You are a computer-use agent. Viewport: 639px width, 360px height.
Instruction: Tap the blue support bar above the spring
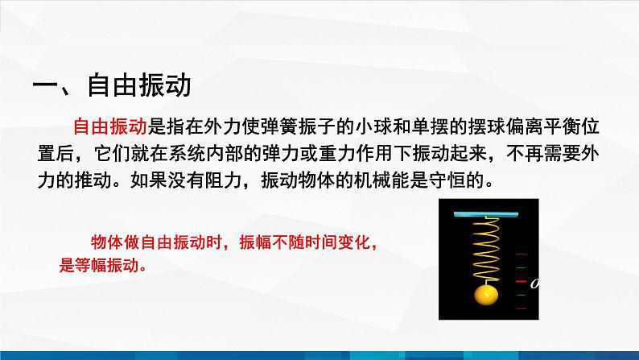coord(486,214)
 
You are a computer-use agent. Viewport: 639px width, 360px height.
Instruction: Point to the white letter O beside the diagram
coord(534,283)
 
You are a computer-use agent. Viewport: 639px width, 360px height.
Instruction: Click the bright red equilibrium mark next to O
coord(522,281)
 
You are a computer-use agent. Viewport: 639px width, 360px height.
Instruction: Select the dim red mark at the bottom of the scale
coord(522,308)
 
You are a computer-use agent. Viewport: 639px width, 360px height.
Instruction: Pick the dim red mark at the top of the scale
coord(522,254)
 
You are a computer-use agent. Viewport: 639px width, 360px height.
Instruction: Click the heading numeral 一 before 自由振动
coord(45,86)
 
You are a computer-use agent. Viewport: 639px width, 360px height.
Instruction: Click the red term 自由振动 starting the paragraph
coord(110,126)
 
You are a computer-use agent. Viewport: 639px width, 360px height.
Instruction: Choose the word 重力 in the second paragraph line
coord(337,153)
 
